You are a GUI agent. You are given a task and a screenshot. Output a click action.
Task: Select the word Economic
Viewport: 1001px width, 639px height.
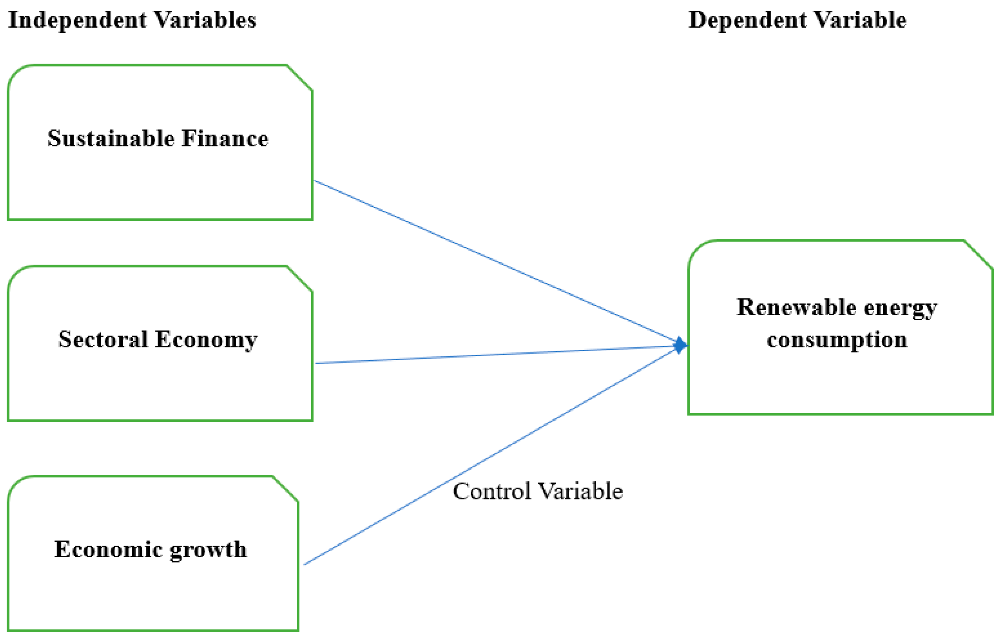(108, 549)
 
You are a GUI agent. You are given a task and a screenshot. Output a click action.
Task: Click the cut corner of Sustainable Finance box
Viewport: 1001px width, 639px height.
(299, 78)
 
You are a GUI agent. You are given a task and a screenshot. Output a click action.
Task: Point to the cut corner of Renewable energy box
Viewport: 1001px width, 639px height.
(978, 255)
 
